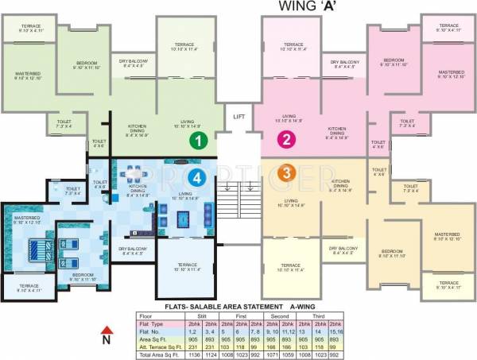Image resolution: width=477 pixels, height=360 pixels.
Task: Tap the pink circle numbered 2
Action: pyautogui.click(x=284, y=141)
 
